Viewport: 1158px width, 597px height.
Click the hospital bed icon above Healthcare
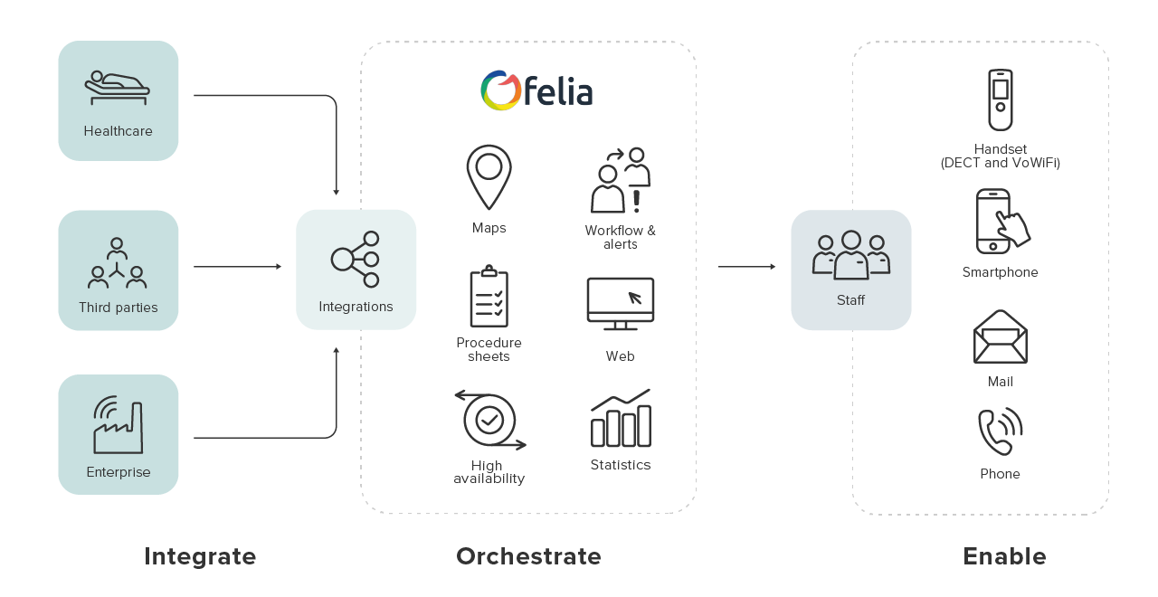click(118, 87)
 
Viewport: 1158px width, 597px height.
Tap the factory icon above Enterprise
click(118, 425)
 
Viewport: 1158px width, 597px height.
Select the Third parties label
click(119, 308)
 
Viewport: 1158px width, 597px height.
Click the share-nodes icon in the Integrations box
click(355, 259)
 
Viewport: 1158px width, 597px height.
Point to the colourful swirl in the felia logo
click(500, 90)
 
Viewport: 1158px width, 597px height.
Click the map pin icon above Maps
click(489, 176)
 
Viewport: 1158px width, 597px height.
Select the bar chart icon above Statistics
click(621, 419)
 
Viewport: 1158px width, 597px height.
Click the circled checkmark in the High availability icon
click(489, 419)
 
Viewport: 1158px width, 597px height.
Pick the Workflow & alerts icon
click(621, 180)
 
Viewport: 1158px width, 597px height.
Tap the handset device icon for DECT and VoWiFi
click(1000, 99)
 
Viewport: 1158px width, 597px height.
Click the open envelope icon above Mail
click(1000, 336)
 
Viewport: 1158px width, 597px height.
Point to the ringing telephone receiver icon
click(1000, 431)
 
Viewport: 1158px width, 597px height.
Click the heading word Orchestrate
click(528, 556)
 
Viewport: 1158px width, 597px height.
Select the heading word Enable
click(1004, 556)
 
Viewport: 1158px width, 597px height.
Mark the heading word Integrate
click(200, 556)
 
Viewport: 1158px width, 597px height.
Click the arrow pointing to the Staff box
click(747, 267)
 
